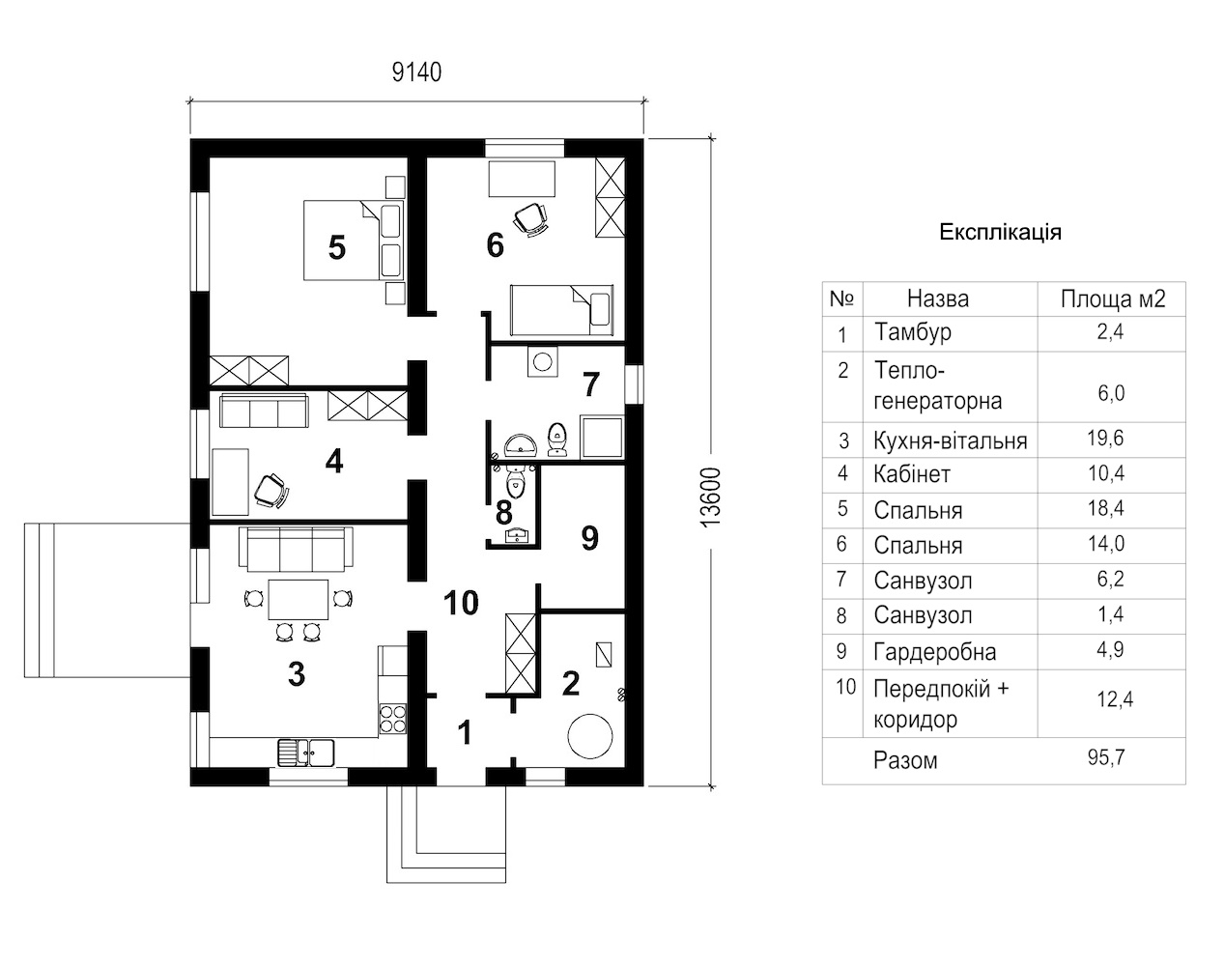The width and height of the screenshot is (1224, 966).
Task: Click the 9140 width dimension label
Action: click(417, 72)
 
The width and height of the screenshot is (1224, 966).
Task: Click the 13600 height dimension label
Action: click(711, 497)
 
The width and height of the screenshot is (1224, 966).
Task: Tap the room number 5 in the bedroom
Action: click(337, 248)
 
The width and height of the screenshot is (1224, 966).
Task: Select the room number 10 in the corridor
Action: click(461, 603)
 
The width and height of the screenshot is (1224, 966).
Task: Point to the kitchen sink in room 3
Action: click(306, 753)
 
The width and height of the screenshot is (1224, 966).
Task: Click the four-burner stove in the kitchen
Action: click(393, 719)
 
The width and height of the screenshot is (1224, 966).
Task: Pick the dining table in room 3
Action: click(299, 600)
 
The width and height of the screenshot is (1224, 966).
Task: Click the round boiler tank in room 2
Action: click(590, 735)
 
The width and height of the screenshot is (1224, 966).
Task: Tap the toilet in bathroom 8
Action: click(516, 480)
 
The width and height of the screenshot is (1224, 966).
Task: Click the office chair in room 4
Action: click(270, 491)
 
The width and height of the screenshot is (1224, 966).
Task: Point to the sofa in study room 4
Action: click(265, 410)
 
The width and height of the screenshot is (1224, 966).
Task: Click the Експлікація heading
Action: click(1000, 233)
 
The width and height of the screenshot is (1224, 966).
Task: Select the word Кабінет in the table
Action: click(912, 474)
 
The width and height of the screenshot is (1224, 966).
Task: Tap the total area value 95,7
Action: click(1106, 757)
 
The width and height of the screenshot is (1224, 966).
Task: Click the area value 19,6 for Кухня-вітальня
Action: click(1106, 439)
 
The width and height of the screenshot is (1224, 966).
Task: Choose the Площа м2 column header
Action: click(1113, 298)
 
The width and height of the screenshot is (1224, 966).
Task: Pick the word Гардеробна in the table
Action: click(935, 652)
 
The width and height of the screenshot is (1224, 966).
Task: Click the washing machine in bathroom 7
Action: click(542, 361)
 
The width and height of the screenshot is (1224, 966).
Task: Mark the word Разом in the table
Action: click(905, 760)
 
